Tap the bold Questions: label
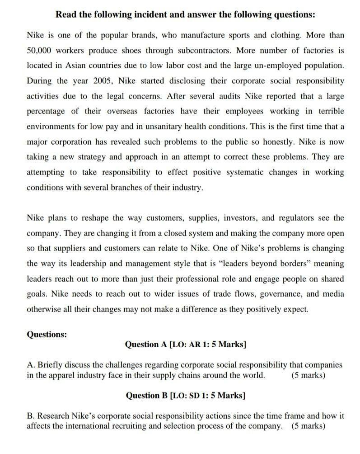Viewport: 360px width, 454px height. [x=47, y=335]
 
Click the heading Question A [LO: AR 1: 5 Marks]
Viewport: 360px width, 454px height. [x=185, y=345]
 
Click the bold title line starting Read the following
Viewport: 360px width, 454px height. [x=185, y=15]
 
